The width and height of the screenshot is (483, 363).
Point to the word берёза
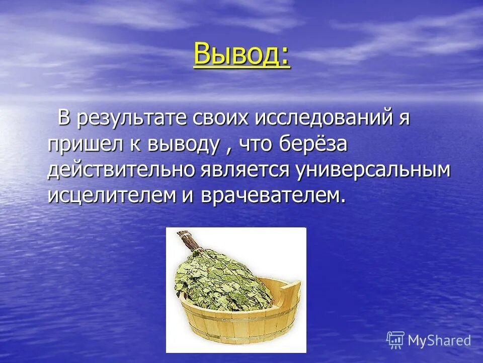[x=314, y=145]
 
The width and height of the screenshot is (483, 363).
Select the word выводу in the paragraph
[x=183, y=145]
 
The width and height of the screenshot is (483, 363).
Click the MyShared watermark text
[x=439, y=340]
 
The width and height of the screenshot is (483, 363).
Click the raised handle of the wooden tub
[x=290, y=289]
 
